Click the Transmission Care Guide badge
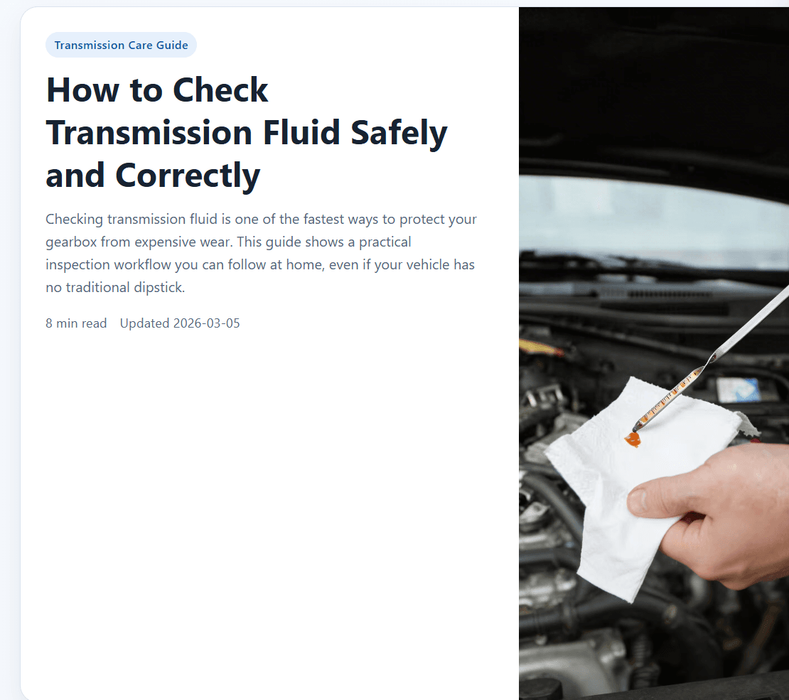[121, 45]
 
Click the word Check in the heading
[220, 90]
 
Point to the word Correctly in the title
[188, 176]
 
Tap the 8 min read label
[76, 323]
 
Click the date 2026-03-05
[207, 323]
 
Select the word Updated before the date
[144, 323]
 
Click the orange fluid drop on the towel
[632, 440]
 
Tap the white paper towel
[618, 512]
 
